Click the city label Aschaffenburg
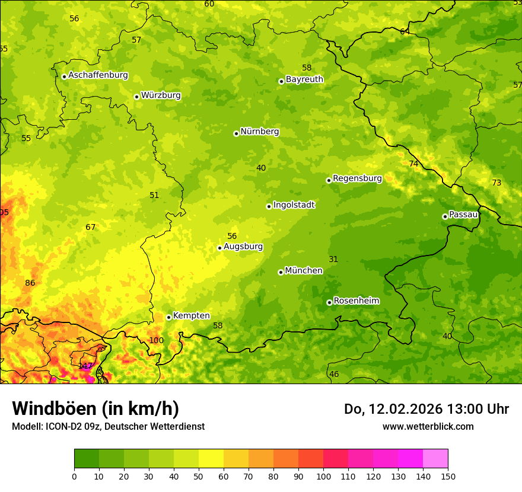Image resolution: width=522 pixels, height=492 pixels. (x=98, y=75)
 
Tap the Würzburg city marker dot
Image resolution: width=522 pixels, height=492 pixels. (x=136, y=97)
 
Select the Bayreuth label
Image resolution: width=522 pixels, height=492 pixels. (x=304, y=79)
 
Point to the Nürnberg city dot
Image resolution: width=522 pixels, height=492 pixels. (x=236, y=133)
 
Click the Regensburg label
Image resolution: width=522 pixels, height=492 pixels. (x=357, y=178)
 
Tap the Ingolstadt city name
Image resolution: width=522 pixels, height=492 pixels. (x=294, y=205)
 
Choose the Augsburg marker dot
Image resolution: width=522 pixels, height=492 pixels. (x=219, y=248)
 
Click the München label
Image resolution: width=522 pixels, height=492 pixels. (x=304, y=271)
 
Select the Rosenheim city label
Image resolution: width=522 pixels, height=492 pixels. (x=356, y=301)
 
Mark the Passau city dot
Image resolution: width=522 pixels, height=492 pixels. (x=445, y=216)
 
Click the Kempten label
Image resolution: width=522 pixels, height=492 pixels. (x=191, y=316)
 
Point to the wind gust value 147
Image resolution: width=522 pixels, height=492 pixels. (x=85, y=366)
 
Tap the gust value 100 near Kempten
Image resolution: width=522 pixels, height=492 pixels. (x=156, y=340)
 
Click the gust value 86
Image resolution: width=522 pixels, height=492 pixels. (x=30, y=283)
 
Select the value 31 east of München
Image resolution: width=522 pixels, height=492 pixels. (x=333, y=259)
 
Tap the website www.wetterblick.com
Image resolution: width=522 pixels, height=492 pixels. (x=428, y=426)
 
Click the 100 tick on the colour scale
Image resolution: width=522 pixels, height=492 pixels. (x=323, y=476)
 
